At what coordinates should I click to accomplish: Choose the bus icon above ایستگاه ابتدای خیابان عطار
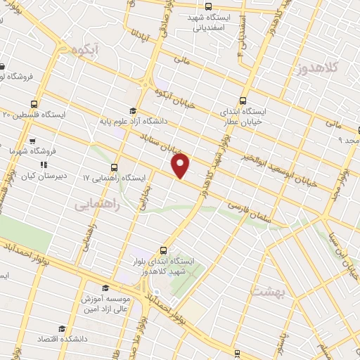[243, 101]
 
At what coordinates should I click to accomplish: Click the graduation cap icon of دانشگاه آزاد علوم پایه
[134, 110]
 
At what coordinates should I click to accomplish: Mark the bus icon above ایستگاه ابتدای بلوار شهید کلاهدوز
[164, 250]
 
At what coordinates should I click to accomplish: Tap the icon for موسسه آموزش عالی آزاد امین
[105, 287]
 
